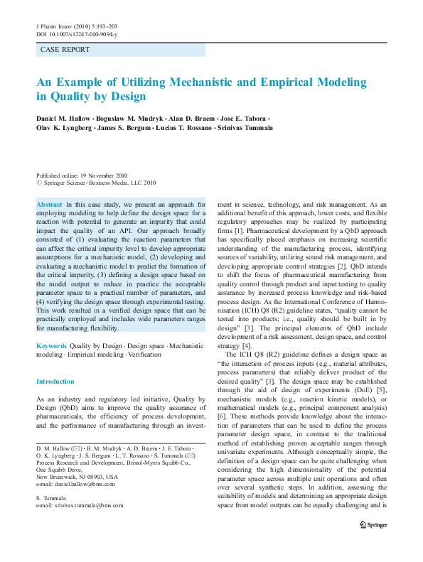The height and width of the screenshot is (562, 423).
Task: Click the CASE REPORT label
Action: [x=66, y=50]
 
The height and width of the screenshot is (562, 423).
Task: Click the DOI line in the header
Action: [x=76, y=34]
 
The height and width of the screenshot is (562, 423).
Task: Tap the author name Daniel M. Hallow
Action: [x=66, y=117]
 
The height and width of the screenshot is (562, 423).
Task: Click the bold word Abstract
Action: [x=50, y=204]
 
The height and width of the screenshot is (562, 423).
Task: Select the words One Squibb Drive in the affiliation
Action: [x=63, y=469]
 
